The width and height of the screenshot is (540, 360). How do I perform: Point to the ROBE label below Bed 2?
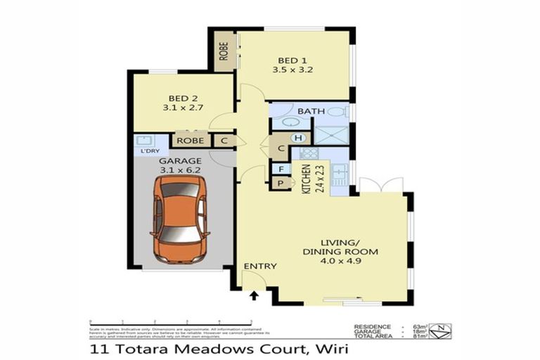[190, 141]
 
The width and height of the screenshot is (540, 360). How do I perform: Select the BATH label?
[309, 112]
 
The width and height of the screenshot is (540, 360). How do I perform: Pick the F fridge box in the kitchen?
[281, 169]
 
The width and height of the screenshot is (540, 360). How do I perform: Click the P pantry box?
[281, 183]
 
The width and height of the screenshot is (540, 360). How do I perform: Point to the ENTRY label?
[259, 266]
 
